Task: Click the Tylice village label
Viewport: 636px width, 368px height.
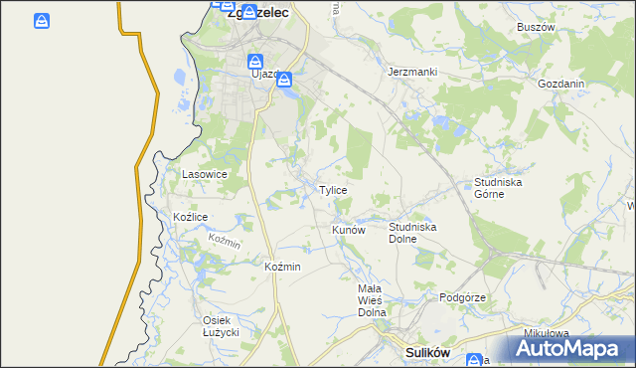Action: click(332, 190)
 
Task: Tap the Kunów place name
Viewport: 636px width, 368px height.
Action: click(349, 230)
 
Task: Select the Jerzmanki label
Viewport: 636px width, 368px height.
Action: click(412, 73)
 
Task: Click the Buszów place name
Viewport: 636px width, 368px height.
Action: click(535, 28)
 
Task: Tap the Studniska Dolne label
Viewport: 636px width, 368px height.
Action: click(412, 233)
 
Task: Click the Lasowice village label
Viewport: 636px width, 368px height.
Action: click(205, 174)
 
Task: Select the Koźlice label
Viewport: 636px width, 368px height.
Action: click(190, 217)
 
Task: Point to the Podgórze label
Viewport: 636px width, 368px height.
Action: click(462, 297)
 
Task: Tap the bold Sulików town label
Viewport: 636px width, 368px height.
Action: click(429, 352)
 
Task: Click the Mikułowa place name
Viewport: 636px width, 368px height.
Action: click(547, 333)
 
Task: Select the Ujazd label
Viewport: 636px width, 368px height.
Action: click(263, 74)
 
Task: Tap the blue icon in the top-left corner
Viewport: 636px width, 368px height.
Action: click(41, 21)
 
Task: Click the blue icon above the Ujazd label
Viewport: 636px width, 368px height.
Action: click(255, 59)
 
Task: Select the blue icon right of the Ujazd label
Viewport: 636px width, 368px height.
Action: click(283, 79)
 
